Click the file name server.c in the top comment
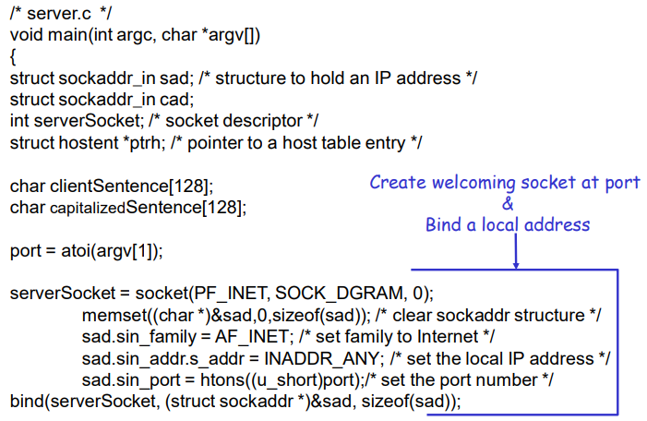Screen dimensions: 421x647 (54, 12)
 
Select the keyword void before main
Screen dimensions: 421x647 (26, 34)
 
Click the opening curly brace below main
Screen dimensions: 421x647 (13, 56)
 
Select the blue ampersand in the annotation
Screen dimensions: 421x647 (507, 203)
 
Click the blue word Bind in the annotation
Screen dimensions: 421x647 (443, 224)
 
